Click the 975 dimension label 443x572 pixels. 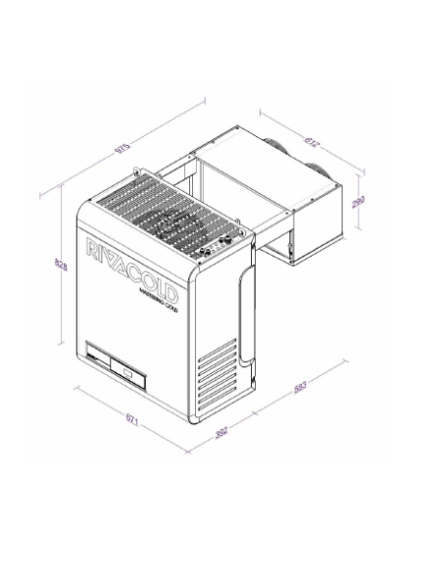pyautogui.click(x=123, y=148)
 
